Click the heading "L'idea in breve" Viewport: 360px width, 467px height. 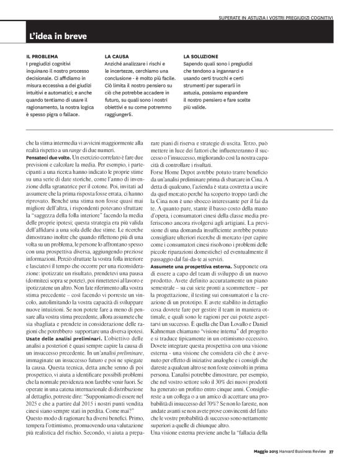(x=60, y=37)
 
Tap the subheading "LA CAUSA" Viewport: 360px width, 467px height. (x=117, y=57)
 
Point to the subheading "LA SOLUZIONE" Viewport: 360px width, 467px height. (x=202, y=57)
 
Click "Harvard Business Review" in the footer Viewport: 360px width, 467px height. (x=307, y=459)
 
